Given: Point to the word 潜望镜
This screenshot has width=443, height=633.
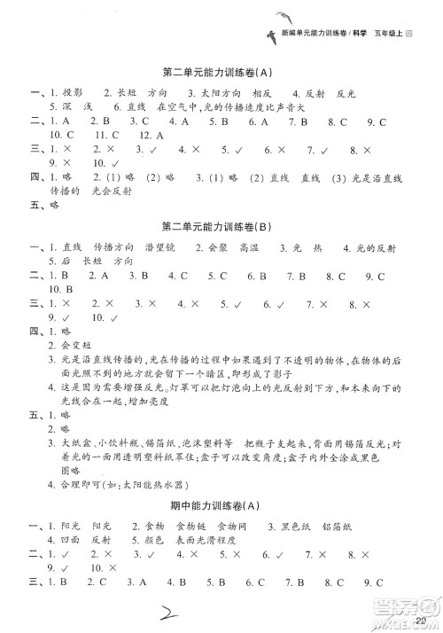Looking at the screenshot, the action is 161,271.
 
